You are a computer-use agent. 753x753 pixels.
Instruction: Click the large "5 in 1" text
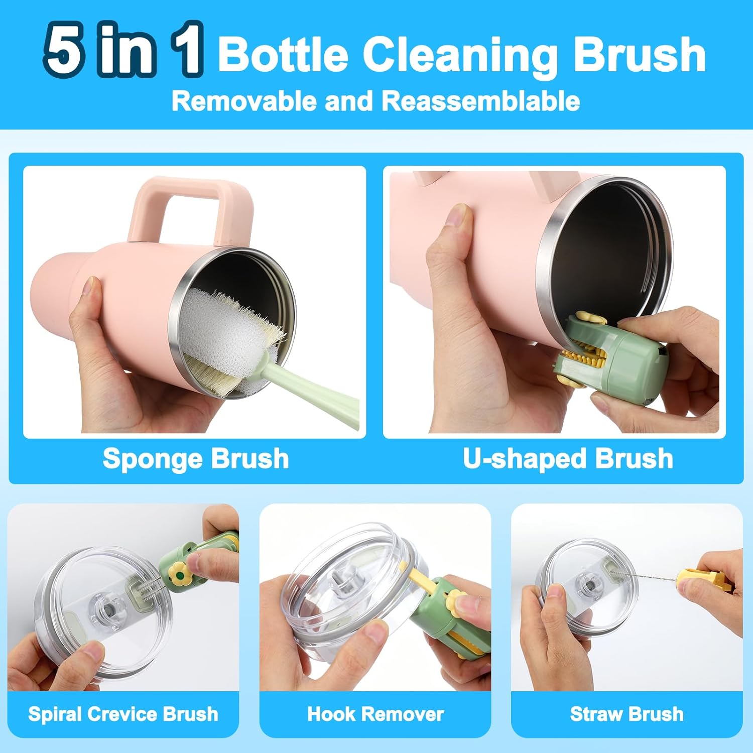(123, 50)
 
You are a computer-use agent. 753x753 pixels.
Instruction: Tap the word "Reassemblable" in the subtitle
(480, 101)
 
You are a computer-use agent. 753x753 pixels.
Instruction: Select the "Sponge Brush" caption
(196, 458)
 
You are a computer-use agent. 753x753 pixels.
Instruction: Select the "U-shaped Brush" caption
(568, 458)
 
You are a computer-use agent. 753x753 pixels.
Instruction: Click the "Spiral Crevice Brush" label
(123, 714)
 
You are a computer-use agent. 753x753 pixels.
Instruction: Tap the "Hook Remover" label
(375, 714)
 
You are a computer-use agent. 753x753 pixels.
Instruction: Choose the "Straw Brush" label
(626, 714)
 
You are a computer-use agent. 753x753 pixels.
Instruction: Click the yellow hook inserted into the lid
(419, 577)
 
